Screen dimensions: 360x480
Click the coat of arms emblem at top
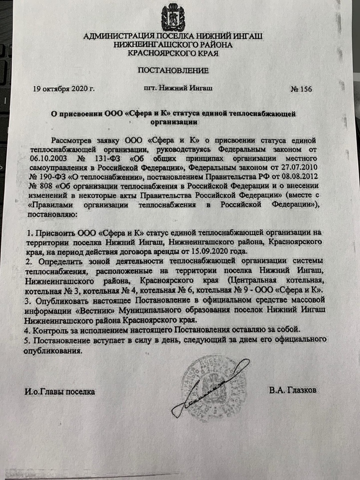pyautogui.click(x=173, y=17)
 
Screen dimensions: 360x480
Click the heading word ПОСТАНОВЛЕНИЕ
pyautogui.click(x=172, y=70)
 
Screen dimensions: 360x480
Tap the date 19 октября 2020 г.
pyautogui.click(x=64, y=88)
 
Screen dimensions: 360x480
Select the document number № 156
pyautogui.click(x=301, y=89)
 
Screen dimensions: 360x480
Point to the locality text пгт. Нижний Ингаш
pyautogui.click(x=178, y=88)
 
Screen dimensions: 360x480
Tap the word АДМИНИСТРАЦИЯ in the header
pyautogui.click(x=117, y=36)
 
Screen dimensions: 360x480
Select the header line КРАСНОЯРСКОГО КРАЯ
pyautogui.click(x=172, y=53)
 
